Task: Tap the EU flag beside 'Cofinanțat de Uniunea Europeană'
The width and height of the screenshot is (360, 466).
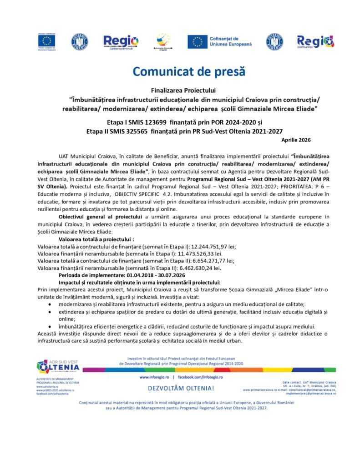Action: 198,42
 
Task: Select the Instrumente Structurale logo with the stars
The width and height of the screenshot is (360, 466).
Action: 162,41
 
